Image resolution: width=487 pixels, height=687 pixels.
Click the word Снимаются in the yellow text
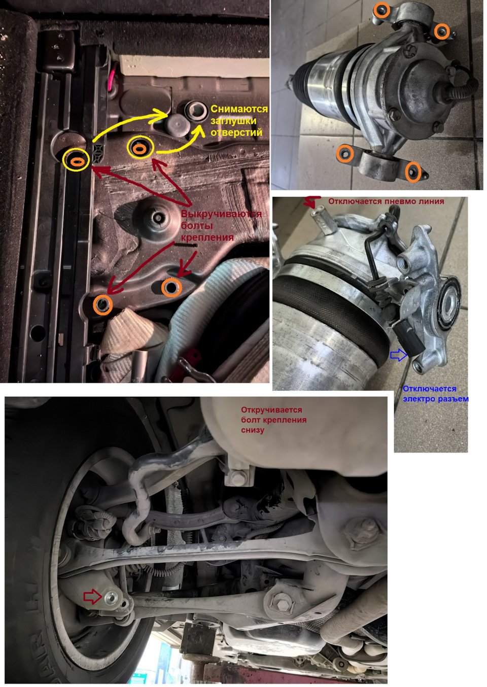(238, 109)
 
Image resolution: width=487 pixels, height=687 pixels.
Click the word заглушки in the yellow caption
(233, 121)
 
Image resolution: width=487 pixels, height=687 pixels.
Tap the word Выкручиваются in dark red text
(221, 214)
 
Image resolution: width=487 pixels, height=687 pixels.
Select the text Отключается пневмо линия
(386, 201)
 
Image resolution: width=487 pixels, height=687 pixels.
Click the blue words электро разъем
(435, 399)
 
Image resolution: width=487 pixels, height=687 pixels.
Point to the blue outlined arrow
(399, 355)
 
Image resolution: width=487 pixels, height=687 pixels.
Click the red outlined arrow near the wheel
(92, 597)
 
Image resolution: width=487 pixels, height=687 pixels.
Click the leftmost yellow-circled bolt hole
(76, 160)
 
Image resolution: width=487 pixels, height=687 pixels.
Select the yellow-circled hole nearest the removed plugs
(140, 148)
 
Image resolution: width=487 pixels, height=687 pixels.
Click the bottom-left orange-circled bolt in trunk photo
(103, 304)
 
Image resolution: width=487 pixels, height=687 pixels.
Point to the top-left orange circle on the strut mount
(381, 10)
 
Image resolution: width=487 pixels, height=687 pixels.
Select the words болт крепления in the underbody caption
(273, 420)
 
